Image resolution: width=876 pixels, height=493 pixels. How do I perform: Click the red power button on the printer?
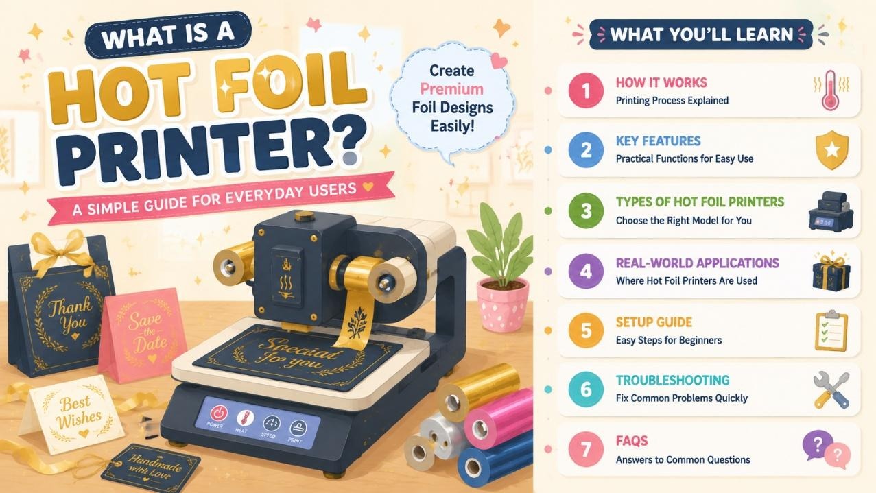point(219,413)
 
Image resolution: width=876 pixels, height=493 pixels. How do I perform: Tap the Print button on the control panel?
point(298,428)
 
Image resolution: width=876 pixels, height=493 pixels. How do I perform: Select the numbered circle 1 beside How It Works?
point(585,91)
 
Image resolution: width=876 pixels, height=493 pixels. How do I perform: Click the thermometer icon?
point(831,91)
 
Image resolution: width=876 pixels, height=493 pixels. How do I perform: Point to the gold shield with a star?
point(832,149)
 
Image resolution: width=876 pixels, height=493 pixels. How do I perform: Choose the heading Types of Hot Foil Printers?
point(700,202)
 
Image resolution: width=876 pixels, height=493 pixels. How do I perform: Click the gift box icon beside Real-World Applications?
point(831,272)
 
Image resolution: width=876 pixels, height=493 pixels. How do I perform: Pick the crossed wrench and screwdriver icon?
point(831,389)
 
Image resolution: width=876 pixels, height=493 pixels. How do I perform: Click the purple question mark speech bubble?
point(816,445)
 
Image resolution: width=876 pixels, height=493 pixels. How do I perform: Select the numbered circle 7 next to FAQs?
point(585,449)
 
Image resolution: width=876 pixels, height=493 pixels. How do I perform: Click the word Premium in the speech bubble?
point(451,89)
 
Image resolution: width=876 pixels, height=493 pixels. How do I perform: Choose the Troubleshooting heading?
point(673,380)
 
